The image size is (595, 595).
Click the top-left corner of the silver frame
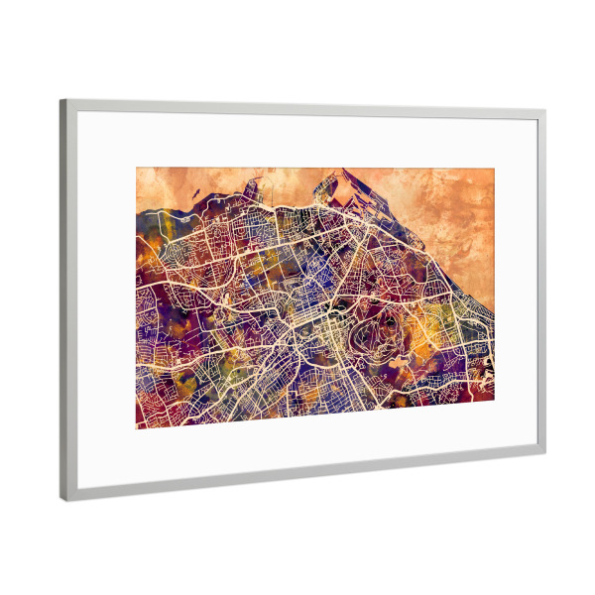click(x=61, y=100)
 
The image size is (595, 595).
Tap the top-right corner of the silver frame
click(x=544, y=111)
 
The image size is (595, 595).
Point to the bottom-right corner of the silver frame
click(x=544, y=453)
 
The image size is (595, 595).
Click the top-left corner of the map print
click(x=137, y=168)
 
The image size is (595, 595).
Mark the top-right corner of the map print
click(x=494, y=170)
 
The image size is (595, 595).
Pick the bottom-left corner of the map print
click(x=137, y=428)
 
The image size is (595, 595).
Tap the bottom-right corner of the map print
click(x=494, y=401)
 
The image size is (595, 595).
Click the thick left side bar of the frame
click(x=67, y=297)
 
